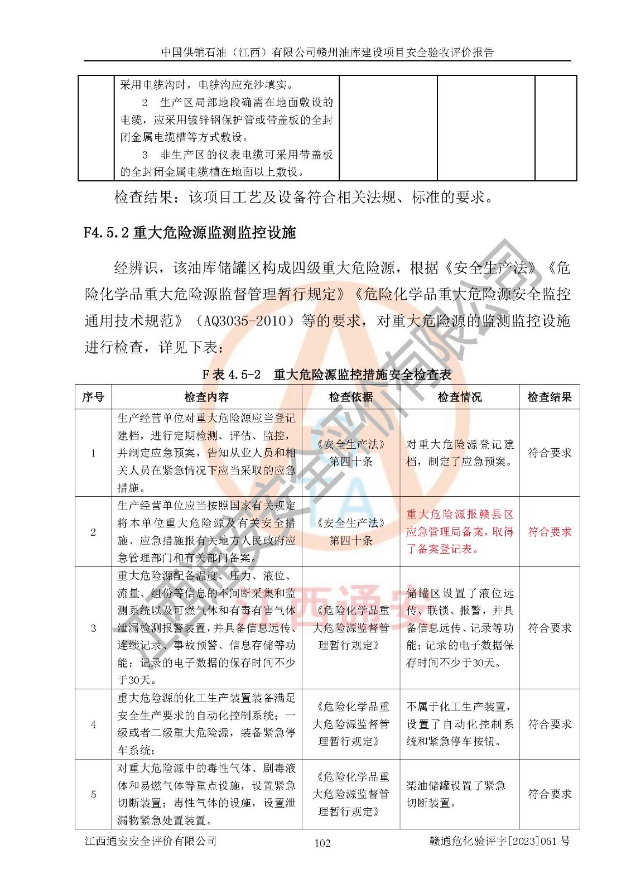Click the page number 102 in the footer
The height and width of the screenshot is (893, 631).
322,843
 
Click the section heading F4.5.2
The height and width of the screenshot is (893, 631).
190,232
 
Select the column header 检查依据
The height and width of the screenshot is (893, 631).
350,397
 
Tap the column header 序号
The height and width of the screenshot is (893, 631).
93,397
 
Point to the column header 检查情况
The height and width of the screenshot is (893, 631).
459,397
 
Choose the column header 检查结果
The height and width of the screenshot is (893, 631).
550,397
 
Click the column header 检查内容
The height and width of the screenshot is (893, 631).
206,397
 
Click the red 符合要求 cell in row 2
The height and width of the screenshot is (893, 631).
550,531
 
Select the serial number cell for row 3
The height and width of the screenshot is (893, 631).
93,628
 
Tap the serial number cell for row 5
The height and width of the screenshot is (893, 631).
93,794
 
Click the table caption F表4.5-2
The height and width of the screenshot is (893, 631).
326,375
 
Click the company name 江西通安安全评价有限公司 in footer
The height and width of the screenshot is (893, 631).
151,841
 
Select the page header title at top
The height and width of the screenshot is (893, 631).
327,52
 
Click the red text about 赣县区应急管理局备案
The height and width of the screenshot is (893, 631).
459,531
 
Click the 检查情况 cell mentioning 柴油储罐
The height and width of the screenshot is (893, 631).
456,794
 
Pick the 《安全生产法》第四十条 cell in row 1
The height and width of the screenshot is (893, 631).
350,453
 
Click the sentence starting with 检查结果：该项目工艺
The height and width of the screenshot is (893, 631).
304,197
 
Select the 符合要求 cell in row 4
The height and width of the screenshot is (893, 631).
550,724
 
